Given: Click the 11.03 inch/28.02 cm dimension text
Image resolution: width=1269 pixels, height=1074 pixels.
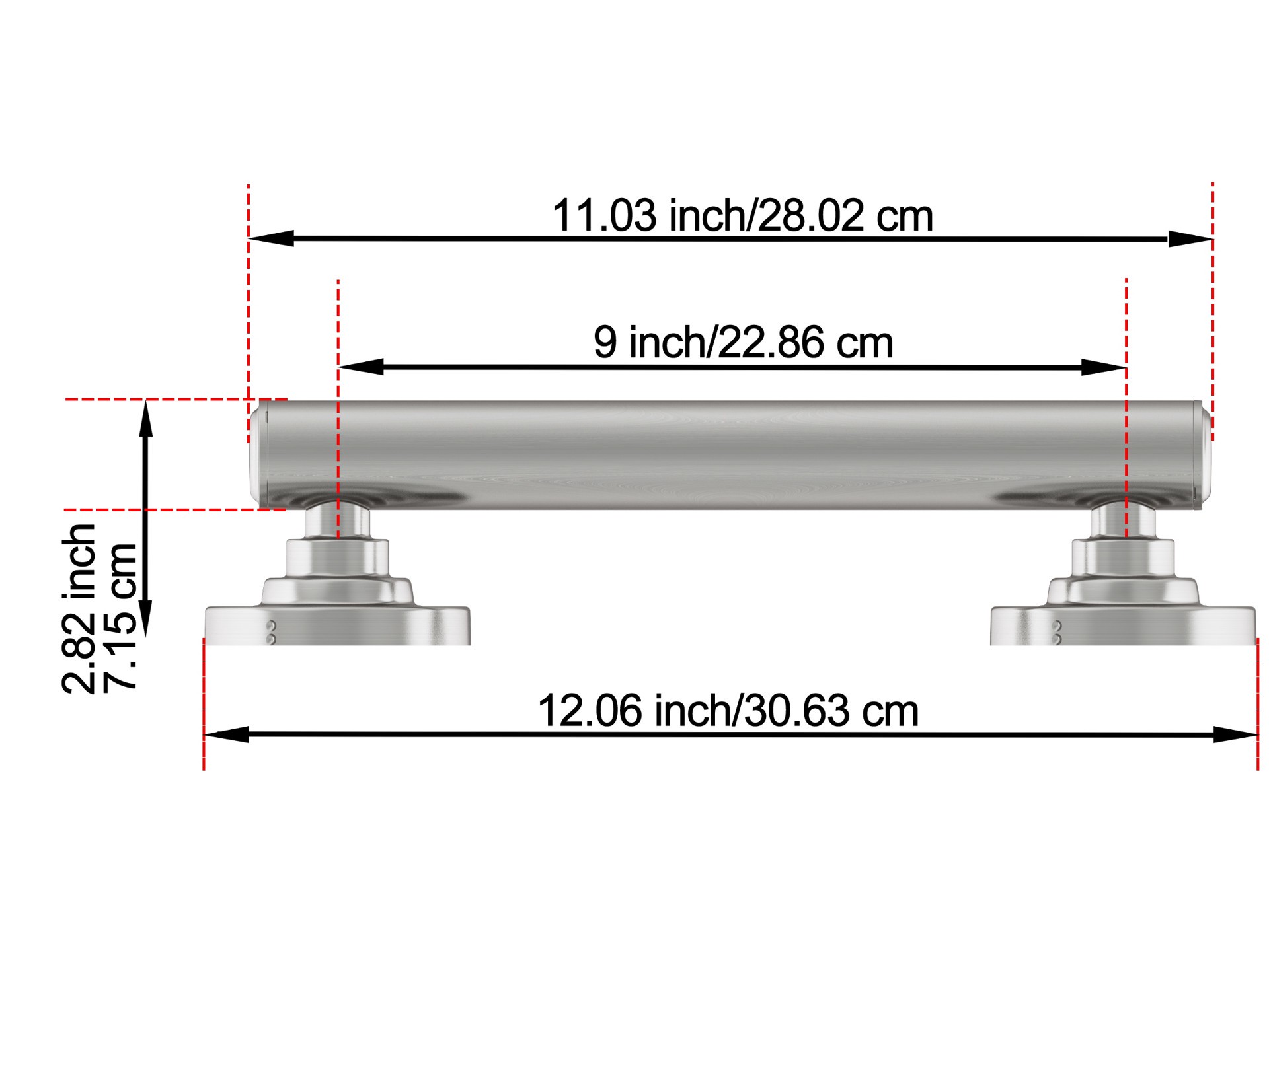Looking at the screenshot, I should (742, 216).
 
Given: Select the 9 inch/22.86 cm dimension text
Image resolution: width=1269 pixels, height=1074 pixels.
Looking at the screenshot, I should (742, 343).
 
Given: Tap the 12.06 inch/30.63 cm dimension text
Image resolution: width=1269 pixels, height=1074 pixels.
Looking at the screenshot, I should (728, 711).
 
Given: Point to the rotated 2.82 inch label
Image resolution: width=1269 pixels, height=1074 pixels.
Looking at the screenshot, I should (79, 608).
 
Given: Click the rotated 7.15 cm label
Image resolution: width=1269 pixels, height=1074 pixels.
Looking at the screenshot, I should (120, 616).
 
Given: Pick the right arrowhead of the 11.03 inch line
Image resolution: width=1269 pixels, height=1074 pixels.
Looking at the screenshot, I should (1190, 238).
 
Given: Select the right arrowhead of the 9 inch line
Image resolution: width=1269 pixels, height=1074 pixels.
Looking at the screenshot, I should (1103, 367).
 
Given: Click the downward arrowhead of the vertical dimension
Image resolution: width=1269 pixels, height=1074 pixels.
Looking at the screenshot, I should (146, 618).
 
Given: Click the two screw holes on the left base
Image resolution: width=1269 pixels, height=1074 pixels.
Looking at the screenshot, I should (270, 631).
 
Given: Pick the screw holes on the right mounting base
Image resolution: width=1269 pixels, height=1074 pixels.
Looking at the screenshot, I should (1056, 632).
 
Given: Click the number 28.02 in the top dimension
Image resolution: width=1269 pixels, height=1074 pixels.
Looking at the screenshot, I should (811, 216).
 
